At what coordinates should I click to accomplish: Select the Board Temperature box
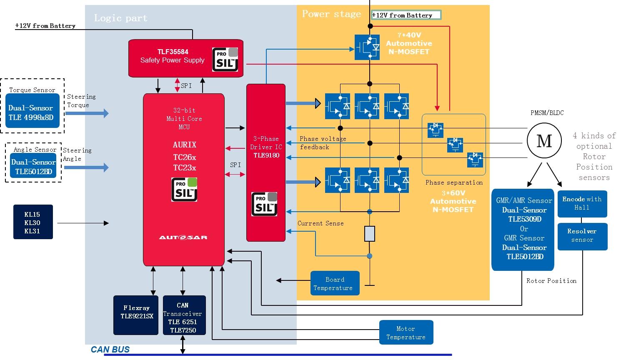[x=335, y=284]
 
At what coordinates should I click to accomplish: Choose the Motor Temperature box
[x=406, y=332]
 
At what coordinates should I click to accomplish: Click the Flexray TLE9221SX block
[x=136, y=315]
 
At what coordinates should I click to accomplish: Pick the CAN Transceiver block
[x=184, y=315]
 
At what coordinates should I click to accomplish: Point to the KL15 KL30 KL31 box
[x=33, y=222]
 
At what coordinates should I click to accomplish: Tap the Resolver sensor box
[x=582, y=236]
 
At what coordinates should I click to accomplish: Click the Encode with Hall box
[x=582, y=203]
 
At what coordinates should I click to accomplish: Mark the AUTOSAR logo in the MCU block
[x=183, y=237]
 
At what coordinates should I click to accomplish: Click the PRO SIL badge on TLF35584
[x=225, y=60]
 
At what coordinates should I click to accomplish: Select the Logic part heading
[x=120, y=18]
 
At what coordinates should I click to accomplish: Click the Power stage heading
[x=331, y=14]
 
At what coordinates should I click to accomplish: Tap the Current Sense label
[x=321, y=223]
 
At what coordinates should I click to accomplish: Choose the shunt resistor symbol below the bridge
[x=370, y=234]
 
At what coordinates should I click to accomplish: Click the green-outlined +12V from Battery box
[x=406, y=15]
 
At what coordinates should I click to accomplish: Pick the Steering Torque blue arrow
[x=87, y=113]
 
